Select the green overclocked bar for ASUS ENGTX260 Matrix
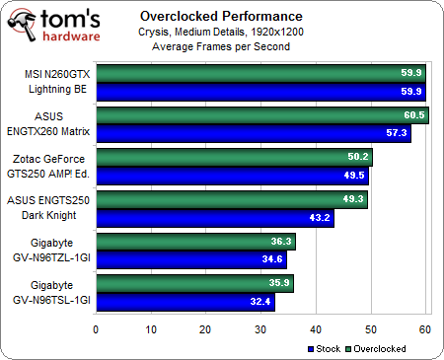262,114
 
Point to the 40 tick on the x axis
316,328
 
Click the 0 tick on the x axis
96,328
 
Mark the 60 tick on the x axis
425,328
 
